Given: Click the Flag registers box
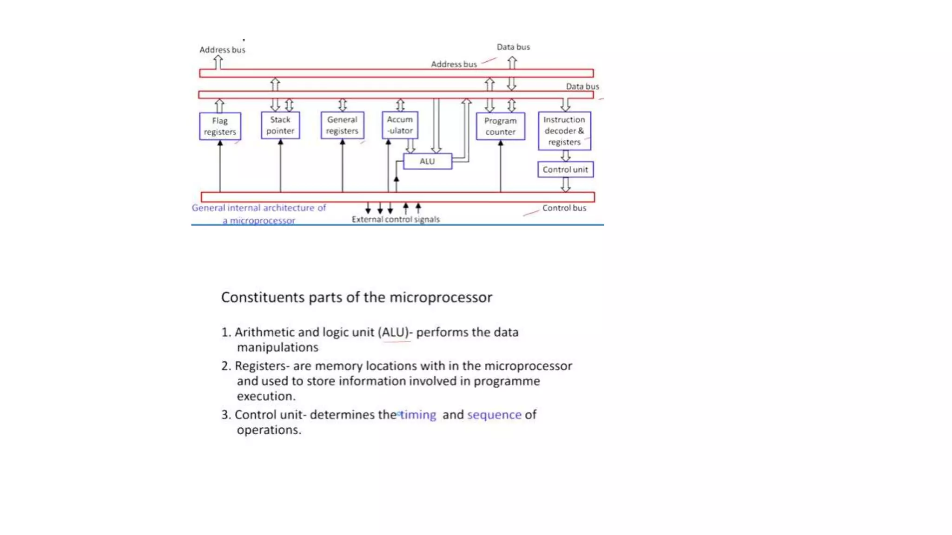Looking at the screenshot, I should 220,126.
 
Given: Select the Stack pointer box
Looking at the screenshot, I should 280,125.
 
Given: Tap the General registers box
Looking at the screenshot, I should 342,125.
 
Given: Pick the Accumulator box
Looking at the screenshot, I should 400,125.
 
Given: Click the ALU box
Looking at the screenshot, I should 427,161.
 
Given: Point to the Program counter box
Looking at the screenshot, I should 500,126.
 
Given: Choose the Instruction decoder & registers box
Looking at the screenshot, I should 564,131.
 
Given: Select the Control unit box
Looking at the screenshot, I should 565,170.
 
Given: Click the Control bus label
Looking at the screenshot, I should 564,208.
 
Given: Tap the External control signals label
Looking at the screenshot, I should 396,219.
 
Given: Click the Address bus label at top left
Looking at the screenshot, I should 222,50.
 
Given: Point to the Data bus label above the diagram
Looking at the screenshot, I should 513,47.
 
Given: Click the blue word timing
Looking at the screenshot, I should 418,415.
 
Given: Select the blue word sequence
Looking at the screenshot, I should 494,415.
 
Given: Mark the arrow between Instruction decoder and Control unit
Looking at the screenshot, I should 565,156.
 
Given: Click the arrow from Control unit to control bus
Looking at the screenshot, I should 565,185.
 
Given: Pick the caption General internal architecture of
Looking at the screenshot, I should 259,208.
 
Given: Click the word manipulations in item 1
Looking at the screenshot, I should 278,347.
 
